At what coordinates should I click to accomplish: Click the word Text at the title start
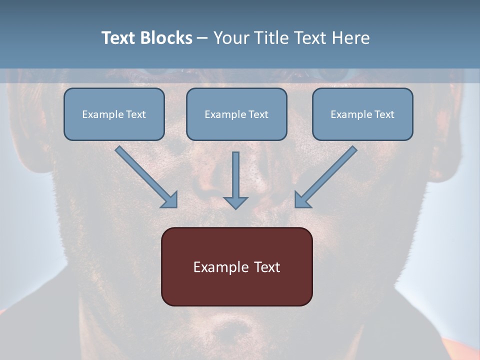120,38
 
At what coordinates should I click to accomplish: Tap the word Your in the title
232,38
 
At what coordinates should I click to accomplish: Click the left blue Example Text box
114,114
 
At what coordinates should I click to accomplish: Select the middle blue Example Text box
236,114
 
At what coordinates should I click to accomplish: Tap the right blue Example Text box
362,114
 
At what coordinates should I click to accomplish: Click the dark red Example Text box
236,266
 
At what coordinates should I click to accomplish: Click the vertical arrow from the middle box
235,175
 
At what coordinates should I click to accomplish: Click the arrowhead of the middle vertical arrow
235,202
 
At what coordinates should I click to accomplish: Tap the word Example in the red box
216,267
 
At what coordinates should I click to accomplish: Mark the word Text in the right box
384,114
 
